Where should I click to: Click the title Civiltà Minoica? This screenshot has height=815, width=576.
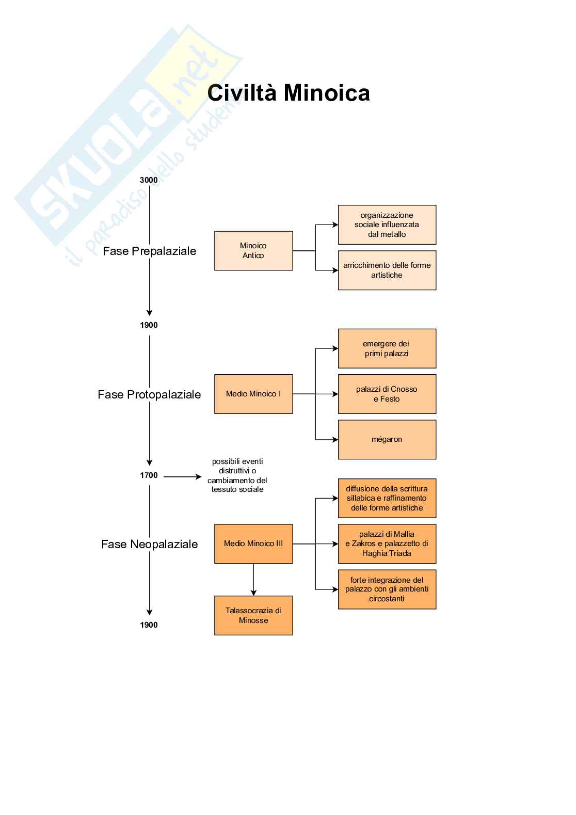(x=289, y=93)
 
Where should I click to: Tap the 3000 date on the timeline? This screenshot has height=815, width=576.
(x=149, y=180)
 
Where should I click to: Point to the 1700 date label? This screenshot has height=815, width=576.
(x=149, y=475)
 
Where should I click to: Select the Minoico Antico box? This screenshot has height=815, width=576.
(x=253, y=251)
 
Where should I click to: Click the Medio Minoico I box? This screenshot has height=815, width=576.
(x=253, y=394)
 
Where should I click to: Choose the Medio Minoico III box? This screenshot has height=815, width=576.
(x=253, y=544)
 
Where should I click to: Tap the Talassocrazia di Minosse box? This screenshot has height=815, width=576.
(x=253, y=615)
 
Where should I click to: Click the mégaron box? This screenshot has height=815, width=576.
(x=387, y=439)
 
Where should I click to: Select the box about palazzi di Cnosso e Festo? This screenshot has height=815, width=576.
(x=387, y=394)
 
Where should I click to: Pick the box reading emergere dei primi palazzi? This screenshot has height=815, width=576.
(x=387, y=348)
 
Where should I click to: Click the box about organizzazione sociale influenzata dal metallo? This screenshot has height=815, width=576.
(x=387, y=225)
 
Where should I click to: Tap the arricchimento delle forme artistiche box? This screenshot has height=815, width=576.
(x=387, y=270)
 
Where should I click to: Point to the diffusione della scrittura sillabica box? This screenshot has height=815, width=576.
(x=387, y=498)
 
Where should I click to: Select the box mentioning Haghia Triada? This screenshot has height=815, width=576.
(x=387, y=544)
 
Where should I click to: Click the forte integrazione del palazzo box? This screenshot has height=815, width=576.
(x=387, y=589)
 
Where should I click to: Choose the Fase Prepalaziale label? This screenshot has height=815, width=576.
(x=150, y=251)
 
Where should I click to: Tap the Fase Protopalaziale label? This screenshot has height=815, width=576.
(x=150, y=395)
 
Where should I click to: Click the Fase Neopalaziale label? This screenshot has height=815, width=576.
(x=150, y=545)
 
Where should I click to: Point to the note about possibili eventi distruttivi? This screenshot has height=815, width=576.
(x=237, y=475)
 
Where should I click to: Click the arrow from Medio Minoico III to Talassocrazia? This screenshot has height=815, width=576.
(x=253, y=580)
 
